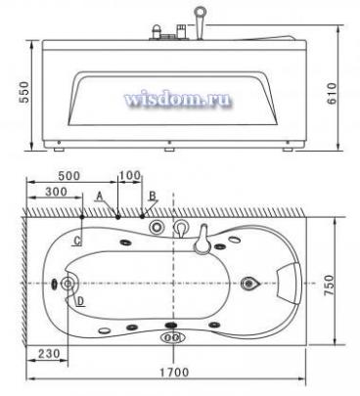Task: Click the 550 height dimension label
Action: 24,92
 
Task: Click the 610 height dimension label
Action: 332,93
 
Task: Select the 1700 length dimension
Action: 174,372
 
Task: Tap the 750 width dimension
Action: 329,286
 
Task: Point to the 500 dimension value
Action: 68,176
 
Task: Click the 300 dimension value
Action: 56,192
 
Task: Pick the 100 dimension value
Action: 130,176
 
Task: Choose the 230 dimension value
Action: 49,353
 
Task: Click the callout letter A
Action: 100,196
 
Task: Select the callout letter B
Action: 153,196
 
